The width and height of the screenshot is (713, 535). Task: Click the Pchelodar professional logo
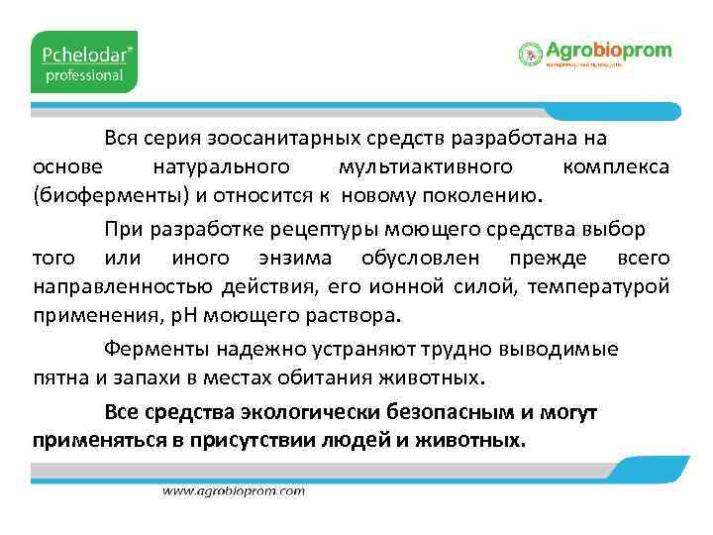pyautogui.click(x=83, y=61)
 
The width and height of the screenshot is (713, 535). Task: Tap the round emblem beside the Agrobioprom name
pyautogui.click(x=531, y=53)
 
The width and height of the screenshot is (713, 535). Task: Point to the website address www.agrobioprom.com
pyautogui.click(x=234, y=490)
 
